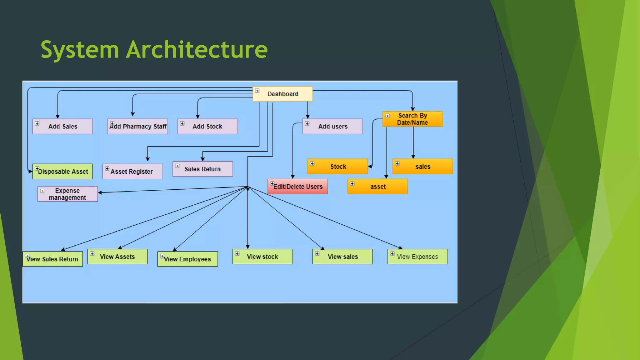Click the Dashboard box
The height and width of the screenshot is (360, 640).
(282, 94)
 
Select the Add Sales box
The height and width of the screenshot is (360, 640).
(62, 126)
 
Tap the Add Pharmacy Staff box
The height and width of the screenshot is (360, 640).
(137, 126)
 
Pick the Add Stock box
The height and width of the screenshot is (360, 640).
(207, 126)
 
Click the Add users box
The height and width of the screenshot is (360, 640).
(332, 126)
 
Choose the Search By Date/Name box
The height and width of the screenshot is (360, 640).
(412, 119)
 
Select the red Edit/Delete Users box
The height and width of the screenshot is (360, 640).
(297, 187)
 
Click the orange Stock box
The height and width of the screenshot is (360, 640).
(337, 166)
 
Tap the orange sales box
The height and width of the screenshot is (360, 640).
(422, 166)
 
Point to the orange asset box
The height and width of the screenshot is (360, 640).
(377, 187)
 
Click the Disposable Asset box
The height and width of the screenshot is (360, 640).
(62, 171)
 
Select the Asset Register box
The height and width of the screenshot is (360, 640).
(132, 171)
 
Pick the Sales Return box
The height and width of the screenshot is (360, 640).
(202, 169)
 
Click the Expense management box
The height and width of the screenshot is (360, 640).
(67, 194)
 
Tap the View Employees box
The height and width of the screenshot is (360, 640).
(187, 259)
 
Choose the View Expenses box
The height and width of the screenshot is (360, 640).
(417, 256)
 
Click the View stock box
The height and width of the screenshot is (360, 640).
(262, 256)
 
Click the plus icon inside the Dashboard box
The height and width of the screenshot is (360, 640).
(257, 91)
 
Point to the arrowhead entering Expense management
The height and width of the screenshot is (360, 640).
(100, 192)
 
